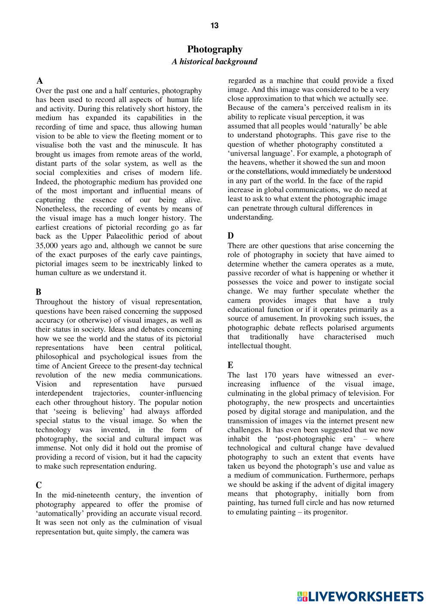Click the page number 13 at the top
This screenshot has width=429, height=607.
(214, 26)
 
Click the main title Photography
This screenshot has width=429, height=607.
(215, 49)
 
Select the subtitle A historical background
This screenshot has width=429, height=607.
(214, 61)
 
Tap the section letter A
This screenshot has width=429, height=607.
(40, 81)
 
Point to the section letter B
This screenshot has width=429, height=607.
(39, 292)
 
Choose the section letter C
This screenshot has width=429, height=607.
(39, 485)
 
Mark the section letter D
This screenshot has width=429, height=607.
(231, 236)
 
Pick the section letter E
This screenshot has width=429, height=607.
(231, 365)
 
